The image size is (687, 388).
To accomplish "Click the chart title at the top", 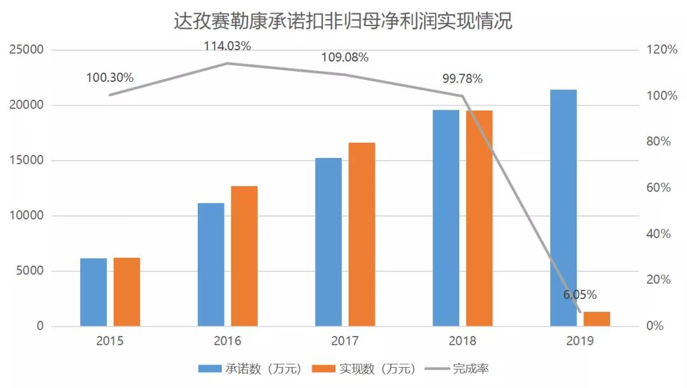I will (343, 22).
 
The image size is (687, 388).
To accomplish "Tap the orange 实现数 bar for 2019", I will (597, 319).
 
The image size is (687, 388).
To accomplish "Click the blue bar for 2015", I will (94, 292).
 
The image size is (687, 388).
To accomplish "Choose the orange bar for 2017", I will (361, 234).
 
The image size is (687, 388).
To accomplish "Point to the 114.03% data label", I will (228, 46).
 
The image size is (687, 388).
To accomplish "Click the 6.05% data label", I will (579, 295).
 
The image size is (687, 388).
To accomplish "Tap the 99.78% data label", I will (462, 79).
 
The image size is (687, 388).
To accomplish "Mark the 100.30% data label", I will (110, 77).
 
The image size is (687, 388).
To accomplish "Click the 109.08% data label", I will (345, 57).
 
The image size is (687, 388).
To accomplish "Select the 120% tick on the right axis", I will (662, 50).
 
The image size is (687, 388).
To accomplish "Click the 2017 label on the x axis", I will (345, 341).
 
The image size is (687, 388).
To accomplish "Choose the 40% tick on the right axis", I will (660, 234).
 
